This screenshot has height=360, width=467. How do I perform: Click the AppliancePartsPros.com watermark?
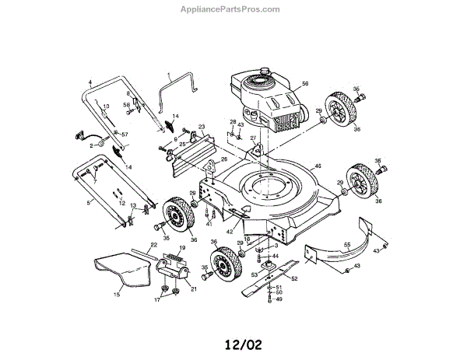click(233, 9)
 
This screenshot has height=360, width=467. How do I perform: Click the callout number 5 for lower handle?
click(88, 203)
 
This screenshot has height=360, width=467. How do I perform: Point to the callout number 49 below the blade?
click(278, 300)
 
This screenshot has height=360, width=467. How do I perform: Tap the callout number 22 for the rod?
click(154, 244)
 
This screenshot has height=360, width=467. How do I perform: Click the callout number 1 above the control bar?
click(169, 76)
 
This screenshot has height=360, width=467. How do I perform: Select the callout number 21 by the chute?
click(193, 287)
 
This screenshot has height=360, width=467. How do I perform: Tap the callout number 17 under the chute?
click(159, 299)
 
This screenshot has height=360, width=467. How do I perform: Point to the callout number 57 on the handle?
click(125, 135)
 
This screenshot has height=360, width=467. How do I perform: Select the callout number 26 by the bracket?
click(224, 159)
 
